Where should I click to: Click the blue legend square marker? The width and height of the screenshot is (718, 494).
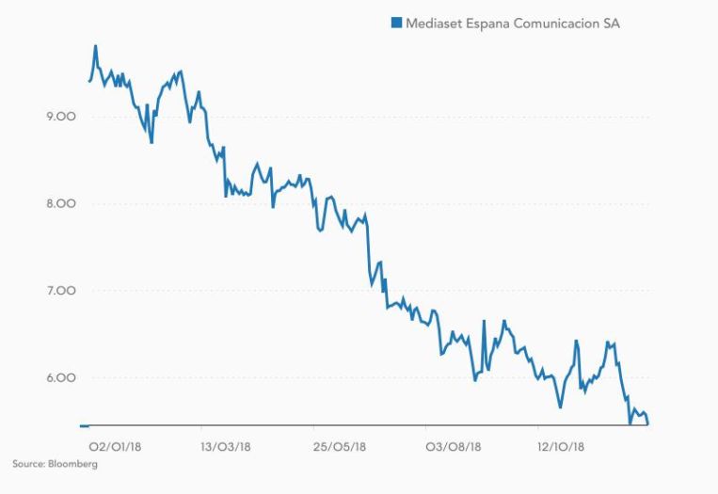pyautogui.click(x=396, y=24)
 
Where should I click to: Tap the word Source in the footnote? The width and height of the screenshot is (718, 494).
pyautogui.click(x=28, y=464)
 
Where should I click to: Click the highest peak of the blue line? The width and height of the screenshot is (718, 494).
pyautogui.click(x=96, y=46)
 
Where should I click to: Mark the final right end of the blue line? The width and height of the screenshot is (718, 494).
pyautogui.click(x=647, y=423)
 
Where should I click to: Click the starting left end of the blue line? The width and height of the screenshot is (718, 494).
pyautogui.click(x=89, y=82)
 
